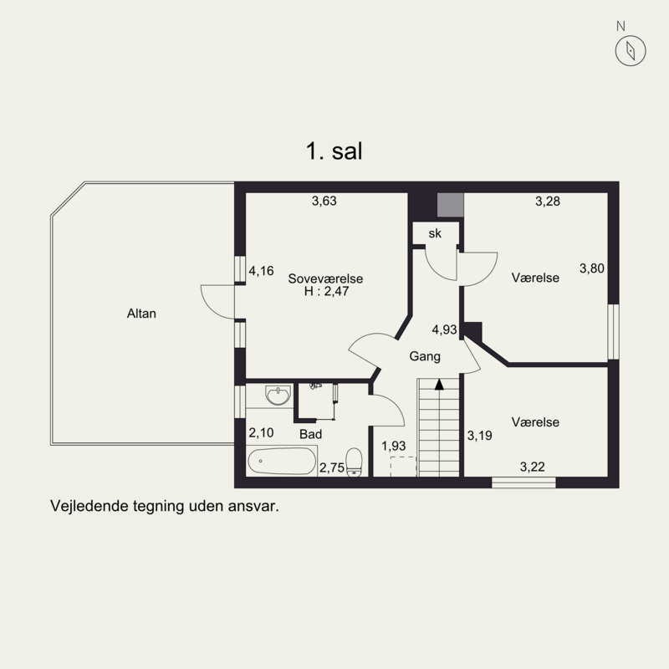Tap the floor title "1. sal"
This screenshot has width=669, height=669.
click(334, 151)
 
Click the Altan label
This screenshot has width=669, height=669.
click(141, 314)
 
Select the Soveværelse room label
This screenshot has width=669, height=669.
click(325, 278)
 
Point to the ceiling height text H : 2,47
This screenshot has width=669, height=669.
click(327, 291)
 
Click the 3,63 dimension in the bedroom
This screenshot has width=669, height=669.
click(324, 201)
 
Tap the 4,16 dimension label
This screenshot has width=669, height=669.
click(261, 271)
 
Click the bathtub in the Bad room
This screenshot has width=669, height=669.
click(282, 461)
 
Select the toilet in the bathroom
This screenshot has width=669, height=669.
click(354, 462)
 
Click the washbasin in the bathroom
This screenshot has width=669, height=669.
click(278, 395)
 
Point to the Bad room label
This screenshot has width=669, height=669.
click(310, 434)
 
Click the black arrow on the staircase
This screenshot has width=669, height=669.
click(439, 385)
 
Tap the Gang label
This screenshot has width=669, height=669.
click(425, 356)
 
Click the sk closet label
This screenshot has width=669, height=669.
click(435, 233)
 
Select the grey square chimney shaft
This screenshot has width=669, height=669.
click(451, 205)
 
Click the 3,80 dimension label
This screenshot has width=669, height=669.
click(592, 268)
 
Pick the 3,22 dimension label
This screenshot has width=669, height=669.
click(533, 467)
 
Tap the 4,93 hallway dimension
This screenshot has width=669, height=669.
click(444, 329)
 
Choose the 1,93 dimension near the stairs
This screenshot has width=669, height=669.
click(393, 447)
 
